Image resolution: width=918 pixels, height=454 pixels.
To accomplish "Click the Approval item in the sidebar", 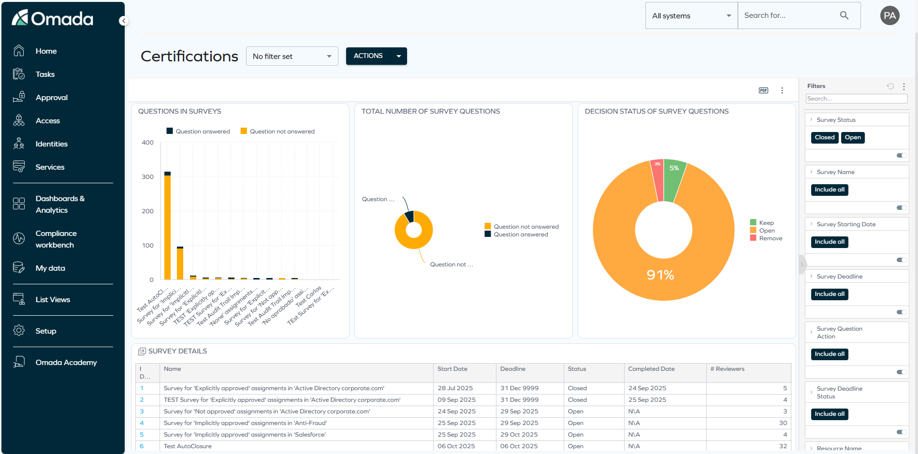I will pos(51,98).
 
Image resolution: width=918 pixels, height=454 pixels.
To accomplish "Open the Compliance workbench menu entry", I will pos(56,239).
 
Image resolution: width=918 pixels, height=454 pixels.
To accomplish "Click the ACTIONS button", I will pos(368,56).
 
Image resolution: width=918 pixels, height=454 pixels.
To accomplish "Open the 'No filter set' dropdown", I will pos(291,57).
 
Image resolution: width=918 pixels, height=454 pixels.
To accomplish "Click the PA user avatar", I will pos(889,15).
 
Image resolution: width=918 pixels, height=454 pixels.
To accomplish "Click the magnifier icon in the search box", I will pos(844,15).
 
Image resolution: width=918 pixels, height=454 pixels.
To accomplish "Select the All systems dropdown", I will pos(691,16).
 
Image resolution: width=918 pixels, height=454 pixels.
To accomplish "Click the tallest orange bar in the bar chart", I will pos(167,227).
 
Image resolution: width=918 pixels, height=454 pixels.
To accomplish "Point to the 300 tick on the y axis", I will pos(147,177).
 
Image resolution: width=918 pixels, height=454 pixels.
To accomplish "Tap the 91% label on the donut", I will pos(660,275).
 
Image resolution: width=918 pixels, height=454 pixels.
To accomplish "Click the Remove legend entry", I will pos(770,238).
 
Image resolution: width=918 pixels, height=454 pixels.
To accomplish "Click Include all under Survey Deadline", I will pos(829,294).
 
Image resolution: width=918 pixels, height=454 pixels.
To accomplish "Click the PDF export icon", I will pos(763,90).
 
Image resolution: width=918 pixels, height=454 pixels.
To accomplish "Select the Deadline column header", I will pos(513,369).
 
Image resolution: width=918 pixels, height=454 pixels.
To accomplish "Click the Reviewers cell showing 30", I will pos(783,423).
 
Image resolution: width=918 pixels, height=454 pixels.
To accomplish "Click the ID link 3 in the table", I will pos(142,411).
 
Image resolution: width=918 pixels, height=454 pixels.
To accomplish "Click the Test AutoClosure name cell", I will pos(188,446).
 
